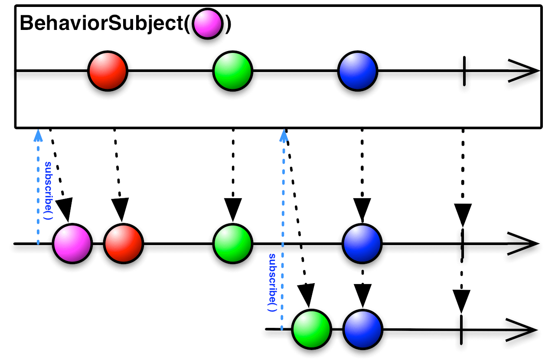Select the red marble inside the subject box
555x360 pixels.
pos(108,70)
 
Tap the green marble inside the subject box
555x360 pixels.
pos(232,70)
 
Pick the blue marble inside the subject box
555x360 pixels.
pos(358,70)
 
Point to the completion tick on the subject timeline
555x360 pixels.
pos(464,70)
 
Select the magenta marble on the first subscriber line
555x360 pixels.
pos(72,243)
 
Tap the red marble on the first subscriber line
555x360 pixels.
pos(123,243)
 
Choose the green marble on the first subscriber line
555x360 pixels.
pos(232,243)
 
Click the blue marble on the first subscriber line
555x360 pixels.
pos(362,243)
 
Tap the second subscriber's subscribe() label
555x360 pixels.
pos(272,282)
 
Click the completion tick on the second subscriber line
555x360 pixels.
pos(461,329)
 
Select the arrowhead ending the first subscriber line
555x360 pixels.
pos(524,244)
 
